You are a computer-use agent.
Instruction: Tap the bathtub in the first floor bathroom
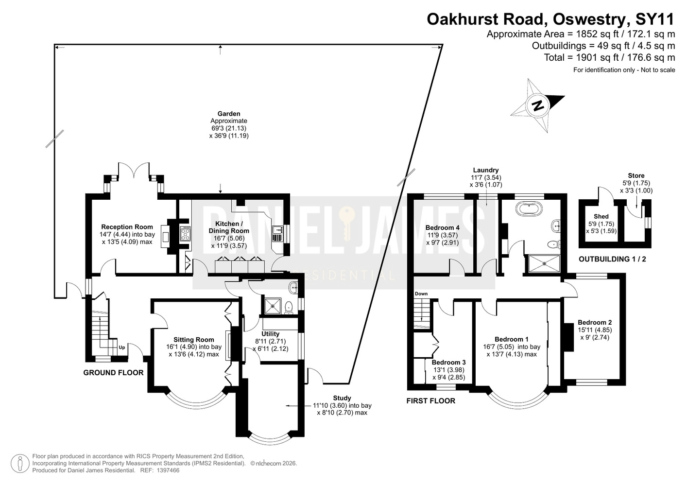click(x=530, y=208)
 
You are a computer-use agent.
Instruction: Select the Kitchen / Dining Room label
click(x=229, y=227)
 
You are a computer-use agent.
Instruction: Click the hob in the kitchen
click(x=185, y=234)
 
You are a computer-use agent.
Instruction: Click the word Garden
click(x=229, y=114)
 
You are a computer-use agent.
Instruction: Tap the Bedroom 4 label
click(x=442, y=227)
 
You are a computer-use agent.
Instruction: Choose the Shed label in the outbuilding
click(x=601, y=216)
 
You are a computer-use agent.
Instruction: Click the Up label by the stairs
click(x=122, y=347)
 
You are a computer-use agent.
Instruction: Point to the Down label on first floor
click(x=421, y=294)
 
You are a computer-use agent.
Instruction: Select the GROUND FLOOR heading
click(x=114, y=373)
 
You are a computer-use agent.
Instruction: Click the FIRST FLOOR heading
click(x=430, y=400)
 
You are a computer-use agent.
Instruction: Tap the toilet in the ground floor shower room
click(x=289, y=308)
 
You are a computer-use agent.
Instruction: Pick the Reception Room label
click(x=127, y=227)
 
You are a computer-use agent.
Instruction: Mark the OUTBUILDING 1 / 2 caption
click(x=612, y=259)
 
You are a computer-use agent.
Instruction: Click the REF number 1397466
click(x=168, y=470)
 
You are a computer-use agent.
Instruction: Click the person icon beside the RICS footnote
click(x=20, y=464)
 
